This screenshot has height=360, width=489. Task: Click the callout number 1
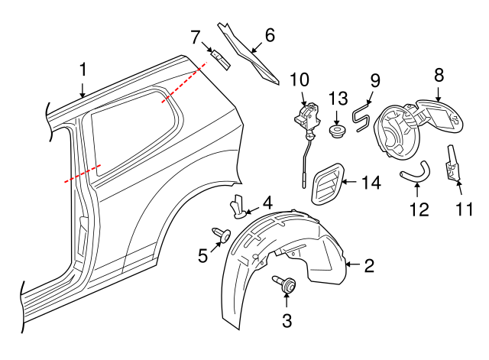pyautogui.click(x=83, y=70)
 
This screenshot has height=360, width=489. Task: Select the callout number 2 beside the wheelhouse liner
pyautogui.click(x=369, y=266)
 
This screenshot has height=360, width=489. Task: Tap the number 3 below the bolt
pyautogui.click(x=287, y=321)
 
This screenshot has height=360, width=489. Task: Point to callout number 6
pyautogui.click(x=269, y=35)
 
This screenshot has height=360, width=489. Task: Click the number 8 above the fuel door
pyautogui.click(x=439, y=75)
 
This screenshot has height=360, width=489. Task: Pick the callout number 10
pyautogui.click(x=299, y=79)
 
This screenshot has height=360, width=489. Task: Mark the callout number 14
pyautogui.click(x=371, y=183)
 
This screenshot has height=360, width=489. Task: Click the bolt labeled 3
pyautogui.click(x=287, y=285)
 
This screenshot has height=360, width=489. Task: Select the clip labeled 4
pyautogui.click(x=240, y=206)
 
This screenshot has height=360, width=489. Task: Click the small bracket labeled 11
pyautogui.click(x=454, y=165)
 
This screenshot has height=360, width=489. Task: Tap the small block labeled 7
pyautogui.click(x=219, y=58)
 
